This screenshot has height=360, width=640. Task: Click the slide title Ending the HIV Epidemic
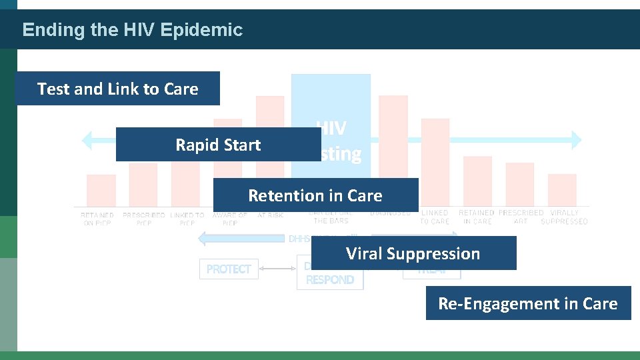tap(132, 30)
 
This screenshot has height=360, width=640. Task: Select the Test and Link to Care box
tap(118, 89)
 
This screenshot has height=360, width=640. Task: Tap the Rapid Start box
tap(218, 145)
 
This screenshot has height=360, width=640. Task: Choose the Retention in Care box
tap(315, 195)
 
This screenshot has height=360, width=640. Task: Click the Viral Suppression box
tap(413, 253)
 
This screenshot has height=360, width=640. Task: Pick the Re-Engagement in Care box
tap(528, 303)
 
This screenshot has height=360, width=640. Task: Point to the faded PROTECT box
tap(229, 269)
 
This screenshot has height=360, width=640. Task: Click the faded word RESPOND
tap(330, 280)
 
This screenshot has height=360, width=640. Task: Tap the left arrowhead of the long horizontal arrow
tap(86, 140)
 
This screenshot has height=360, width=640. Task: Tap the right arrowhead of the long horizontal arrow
tap(575, 140)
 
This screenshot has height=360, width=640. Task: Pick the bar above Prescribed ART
tap(520, 185)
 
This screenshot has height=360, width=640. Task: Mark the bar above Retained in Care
tap(477, 181)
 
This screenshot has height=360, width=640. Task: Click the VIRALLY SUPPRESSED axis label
tap(564, 217)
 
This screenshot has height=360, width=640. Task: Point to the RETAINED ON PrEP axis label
tap(97, 219)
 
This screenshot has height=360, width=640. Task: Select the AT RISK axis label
tap(270, 215)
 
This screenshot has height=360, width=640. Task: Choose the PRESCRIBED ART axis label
tap(521, 217)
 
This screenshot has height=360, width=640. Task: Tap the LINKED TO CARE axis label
tap(435, 217)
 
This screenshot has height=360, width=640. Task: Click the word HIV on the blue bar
tap(331, 128)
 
